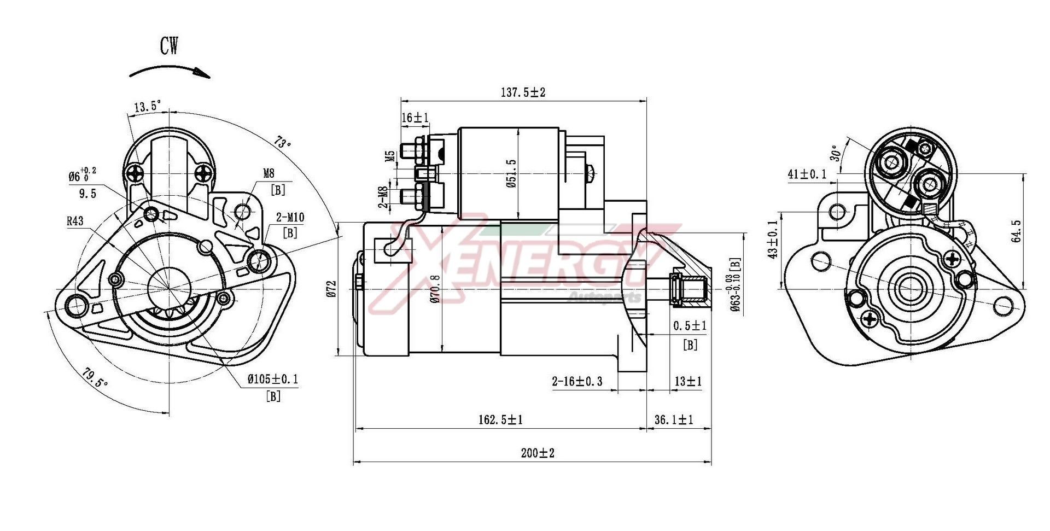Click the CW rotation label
169,45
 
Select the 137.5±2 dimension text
523,92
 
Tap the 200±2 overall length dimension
538,453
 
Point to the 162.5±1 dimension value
500,420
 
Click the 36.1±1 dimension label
674,420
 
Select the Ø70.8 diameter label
435,289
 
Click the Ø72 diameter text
332,288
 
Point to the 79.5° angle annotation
95,377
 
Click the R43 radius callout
75,221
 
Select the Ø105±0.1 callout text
273,379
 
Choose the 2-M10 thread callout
290,218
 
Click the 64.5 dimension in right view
1016,231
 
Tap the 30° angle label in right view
835,154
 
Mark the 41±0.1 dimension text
807,174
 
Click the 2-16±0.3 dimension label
577,381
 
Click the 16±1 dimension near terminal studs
415,118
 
